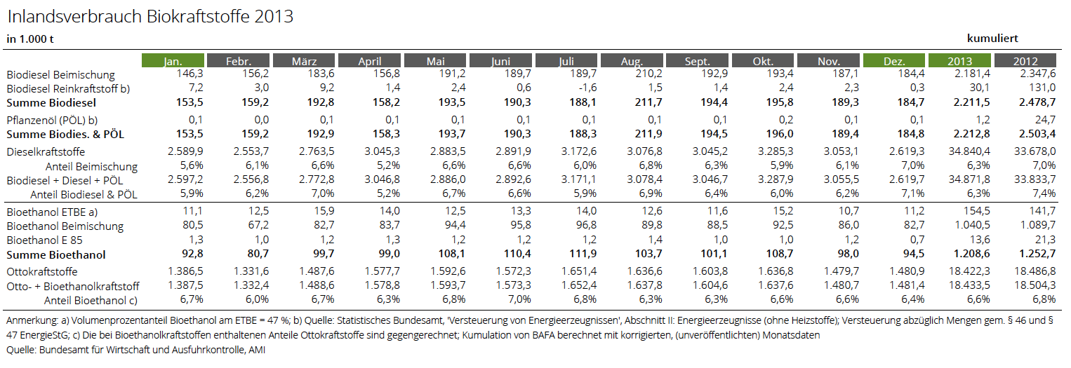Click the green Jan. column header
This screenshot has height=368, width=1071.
tap(173, 60)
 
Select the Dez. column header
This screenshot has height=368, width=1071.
tap(894, 60)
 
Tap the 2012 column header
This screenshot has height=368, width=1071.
tap(1025, 60)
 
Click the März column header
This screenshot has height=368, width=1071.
tap(304, 60)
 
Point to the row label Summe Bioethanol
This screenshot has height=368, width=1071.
tap(56, 255)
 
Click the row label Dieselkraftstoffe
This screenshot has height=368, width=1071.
tap(46, 152)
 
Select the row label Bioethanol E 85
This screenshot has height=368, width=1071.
tap(44, 240)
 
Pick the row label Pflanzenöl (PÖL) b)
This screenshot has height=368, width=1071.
tap(52, 121)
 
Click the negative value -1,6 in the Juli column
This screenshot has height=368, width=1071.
tap(587, 88)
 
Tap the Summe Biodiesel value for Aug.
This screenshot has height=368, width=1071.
tap(648, 102)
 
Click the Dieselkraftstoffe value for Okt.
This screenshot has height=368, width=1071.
tap(776, 151)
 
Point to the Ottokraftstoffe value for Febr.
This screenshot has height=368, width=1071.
tap(251, 271)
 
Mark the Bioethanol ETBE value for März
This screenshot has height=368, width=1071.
tap(324, 211)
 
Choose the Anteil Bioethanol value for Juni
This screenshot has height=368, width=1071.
tap(520, 299)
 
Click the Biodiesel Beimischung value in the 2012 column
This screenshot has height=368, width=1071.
tap(1038, 74)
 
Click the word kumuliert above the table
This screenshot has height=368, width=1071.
tap(992, 39)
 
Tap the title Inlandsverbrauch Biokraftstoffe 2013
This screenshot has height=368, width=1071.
tap(150, 16)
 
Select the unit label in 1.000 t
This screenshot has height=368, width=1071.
tap(30, 39)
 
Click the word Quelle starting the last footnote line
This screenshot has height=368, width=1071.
tap(20, 350)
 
